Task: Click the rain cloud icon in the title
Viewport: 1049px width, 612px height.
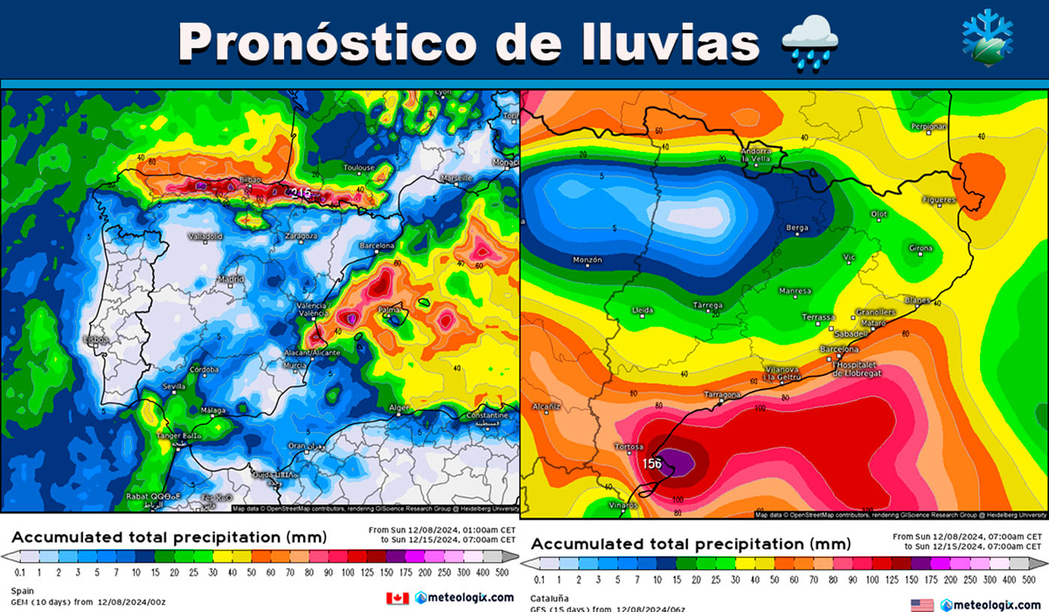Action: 810,43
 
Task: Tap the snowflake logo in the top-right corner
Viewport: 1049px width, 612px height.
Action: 987,38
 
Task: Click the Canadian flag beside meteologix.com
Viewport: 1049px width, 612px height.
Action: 397,598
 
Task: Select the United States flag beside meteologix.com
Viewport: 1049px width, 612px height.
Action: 922,605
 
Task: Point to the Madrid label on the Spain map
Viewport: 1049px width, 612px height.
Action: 230,280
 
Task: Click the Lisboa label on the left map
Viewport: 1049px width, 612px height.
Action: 97,339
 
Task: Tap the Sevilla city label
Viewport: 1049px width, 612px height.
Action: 175,387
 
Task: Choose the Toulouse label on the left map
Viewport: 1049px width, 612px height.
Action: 359,167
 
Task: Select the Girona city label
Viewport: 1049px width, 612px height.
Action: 921,249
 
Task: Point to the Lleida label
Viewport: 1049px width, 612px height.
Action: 643,310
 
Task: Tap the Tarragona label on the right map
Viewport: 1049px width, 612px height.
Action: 722,395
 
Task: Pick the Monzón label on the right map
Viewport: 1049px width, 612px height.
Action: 587,261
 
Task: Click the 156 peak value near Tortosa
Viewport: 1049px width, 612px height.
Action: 652,464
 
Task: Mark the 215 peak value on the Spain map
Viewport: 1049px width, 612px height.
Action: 302,193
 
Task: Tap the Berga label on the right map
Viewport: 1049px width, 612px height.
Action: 796,228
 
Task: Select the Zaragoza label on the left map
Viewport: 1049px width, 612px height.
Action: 300,236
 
